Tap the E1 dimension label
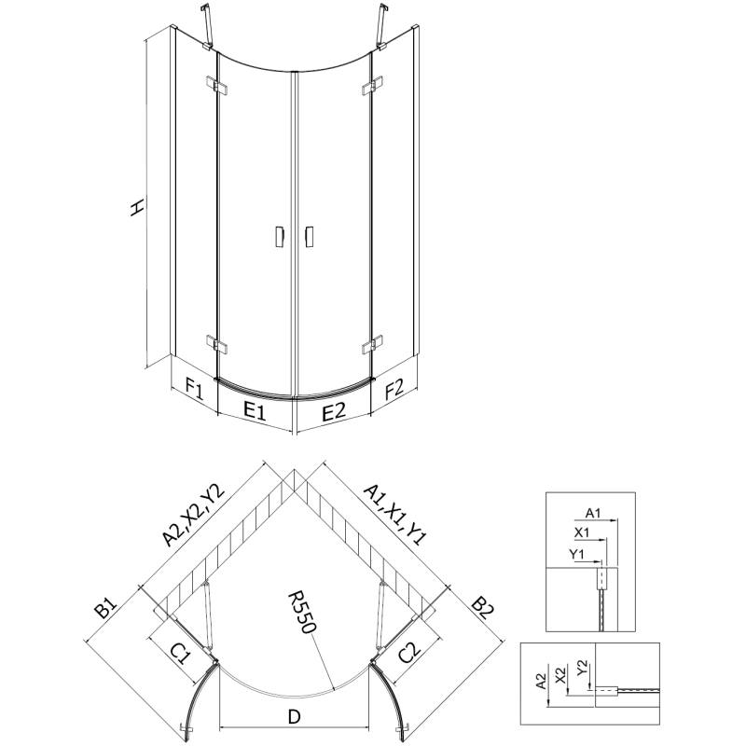[x=255, y=408]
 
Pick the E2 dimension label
[x=334, y=408]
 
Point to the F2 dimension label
[x=393, y=386]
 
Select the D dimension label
[x=293, y=716]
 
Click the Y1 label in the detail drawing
[x=577, y=555]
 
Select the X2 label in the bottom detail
[x=560, y=673]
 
